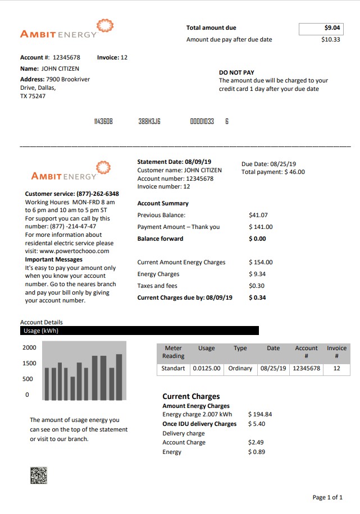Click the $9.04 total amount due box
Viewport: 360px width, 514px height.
(320, 28)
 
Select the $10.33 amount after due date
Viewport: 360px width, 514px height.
(330, 40)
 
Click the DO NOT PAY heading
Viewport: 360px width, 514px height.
(236, 72)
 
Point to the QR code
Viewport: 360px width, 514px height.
(38, 475)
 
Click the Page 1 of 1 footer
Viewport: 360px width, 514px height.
(327, 498)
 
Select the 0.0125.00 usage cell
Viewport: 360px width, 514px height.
(206, 369)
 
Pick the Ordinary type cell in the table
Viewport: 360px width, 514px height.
(240, 369)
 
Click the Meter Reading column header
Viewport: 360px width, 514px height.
(173, 352)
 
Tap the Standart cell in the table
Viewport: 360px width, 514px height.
(173, 369)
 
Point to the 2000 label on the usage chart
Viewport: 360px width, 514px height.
(29, 348)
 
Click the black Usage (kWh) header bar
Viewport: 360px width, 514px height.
(139, 331)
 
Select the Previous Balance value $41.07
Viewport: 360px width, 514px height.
(258, 215)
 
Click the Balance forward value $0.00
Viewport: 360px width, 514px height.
(257, 238)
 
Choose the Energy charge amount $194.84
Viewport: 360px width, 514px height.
(259, 415)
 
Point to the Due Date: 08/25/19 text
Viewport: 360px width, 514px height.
(269, 164)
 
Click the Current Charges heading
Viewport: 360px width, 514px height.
(191, 396)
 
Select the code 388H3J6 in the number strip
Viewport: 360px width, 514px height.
(149, 121)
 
